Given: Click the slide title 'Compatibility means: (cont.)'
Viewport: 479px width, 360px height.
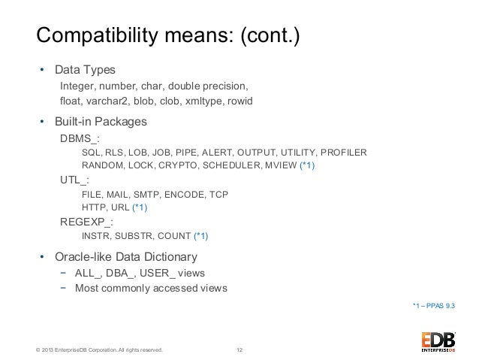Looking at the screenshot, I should coord(168,35).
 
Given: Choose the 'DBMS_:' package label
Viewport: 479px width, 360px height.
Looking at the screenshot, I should coord(80,139).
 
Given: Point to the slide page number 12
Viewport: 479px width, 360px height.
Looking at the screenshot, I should coord(239,350).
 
